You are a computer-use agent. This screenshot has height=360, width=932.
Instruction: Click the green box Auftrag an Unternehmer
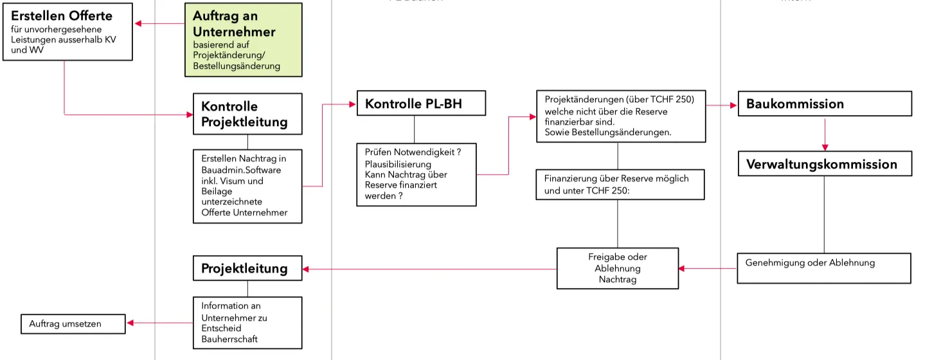243,40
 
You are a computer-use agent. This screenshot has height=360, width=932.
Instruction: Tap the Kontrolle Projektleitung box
247,114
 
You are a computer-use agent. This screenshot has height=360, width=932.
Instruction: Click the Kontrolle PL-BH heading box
421,104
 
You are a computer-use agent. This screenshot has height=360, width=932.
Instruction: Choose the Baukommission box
824,104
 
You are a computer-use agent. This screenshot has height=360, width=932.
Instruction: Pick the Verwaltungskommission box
824,164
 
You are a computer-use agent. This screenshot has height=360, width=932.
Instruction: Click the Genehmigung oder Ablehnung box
823,268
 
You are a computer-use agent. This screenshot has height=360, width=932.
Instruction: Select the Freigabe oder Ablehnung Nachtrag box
617,268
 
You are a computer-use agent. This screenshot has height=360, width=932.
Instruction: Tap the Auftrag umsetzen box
73,324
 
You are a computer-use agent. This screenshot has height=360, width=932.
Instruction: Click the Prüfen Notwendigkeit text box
417,174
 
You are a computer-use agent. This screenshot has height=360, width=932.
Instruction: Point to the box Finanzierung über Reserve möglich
620,184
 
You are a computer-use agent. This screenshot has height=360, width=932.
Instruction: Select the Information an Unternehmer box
247,322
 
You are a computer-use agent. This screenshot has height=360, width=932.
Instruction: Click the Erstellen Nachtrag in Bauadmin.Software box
247,186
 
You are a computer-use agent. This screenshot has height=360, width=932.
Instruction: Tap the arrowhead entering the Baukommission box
733,104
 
